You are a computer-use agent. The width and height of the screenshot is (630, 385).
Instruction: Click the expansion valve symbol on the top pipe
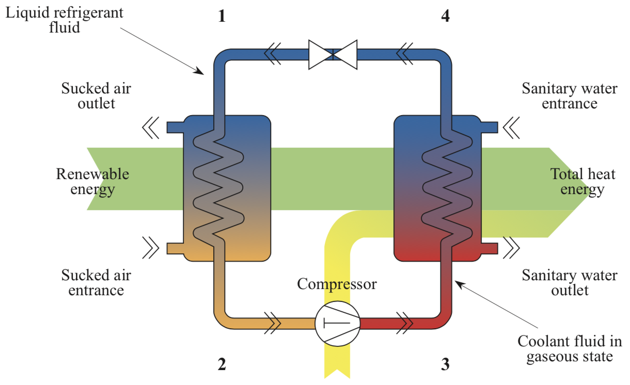[333, 54]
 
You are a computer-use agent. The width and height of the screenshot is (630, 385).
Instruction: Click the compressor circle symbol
[337, 323]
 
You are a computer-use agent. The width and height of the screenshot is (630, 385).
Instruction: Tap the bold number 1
[222, 16]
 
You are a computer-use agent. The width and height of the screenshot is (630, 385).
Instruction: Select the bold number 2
[222, 364]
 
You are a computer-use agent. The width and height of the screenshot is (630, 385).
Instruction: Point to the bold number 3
[445, 364]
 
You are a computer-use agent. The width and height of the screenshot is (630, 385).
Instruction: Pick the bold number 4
[445, 16]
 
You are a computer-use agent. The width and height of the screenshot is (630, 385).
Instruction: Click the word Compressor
[337, 283]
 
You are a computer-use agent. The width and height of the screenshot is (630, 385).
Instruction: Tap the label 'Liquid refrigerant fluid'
[64, 20]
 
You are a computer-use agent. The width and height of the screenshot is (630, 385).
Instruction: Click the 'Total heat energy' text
[582, 182]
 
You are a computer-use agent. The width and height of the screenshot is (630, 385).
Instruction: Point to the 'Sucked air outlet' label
[96, 95]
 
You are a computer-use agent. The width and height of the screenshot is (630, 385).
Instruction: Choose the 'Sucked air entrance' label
[96, 282]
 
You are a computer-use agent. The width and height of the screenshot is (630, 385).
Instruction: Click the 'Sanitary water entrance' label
[569, 96]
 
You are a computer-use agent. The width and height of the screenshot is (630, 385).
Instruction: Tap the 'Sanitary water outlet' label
[569, 282]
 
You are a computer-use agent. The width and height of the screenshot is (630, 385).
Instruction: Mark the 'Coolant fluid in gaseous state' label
[569, 349]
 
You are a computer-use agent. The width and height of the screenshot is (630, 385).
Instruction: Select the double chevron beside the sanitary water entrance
[512, 127]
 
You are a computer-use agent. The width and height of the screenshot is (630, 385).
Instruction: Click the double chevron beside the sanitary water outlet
[512, 248]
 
